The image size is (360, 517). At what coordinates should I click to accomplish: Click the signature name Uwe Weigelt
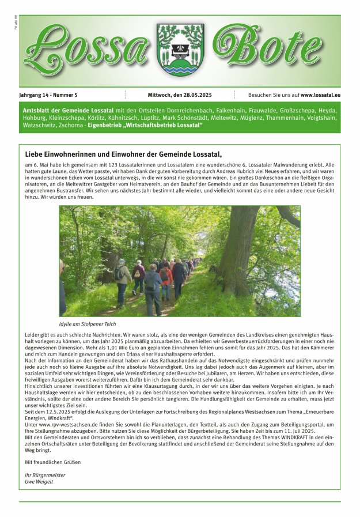39,481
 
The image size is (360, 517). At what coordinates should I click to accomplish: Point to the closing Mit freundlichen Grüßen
53,462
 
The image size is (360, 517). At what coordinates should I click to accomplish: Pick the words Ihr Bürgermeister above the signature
45,475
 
